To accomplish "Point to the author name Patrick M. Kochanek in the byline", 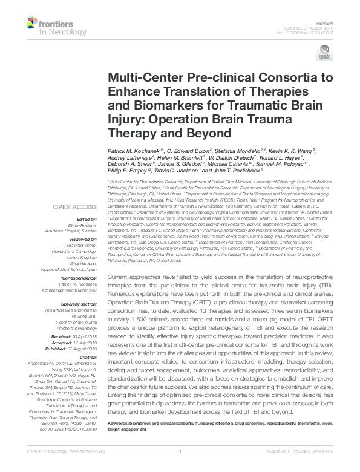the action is point(134,149).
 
